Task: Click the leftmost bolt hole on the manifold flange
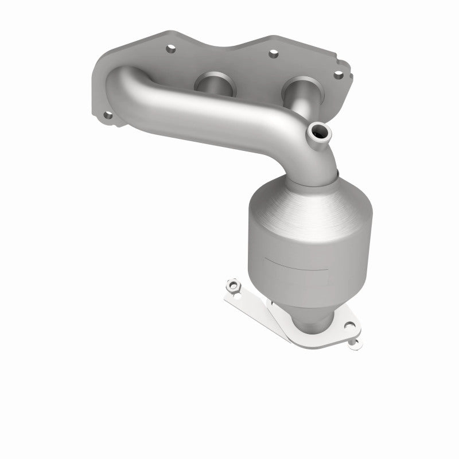pos(107,115)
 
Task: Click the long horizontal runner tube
pos(218,115)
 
